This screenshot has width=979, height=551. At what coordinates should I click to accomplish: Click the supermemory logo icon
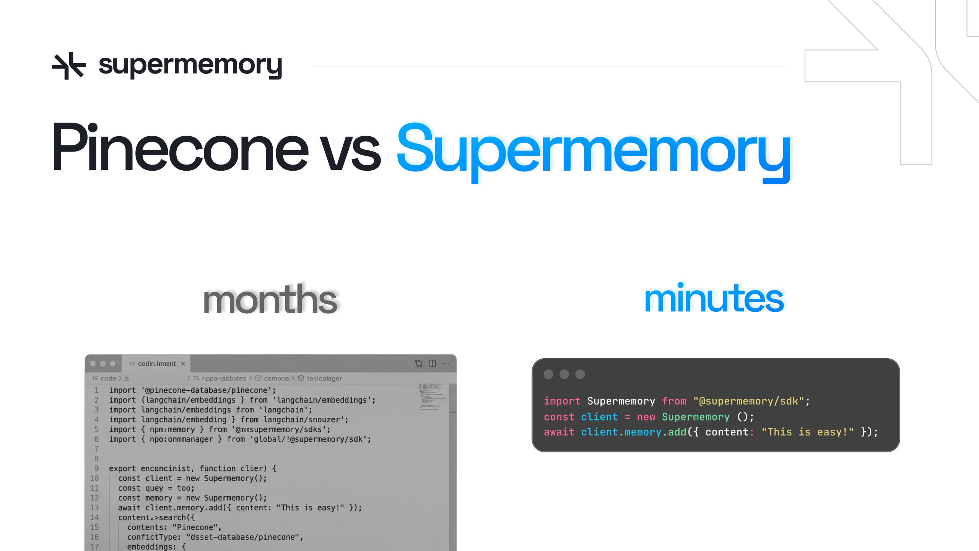[69, 66]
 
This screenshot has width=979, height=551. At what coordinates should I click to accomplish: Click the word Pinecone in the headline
[180, 147]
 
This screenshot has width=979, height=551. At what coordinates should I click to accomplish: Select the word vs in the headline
[350, 151]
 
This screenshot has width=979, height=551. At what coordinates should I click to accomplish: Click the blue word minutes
[714, 298]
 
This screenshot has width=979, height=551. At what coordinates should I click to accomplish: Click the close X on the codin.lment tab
[183, 364]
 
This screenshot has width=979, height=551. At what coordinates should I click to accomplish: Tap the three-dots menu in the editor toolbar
[446, 364]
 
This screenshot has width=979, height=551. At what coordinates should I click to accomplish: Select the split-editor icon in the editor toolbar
[432, 364]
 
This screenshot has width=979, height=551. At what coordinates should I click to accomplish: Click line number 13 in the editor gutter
[94, 508]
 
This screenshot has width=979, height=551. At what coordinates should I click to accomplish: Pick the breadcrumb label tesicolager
[324, 378]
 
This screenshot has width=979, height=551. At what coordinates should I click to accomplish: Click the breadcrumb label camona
[276, 378]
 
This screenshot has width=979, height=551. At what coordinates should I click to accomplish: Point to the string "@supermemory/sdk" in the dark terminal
[748, 401]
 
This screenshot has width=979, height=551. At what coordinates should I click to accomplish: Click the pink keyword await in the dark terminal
[559, 432]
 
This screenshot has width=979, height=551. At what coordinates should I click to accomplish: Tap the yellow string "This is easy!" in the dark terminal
[807, 432]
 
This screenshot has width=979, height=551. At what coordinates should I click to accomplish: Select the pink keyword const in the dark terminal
[559, 417]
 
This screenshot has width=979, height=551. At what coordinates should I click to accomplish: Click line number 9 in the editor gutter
[96, 468]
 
